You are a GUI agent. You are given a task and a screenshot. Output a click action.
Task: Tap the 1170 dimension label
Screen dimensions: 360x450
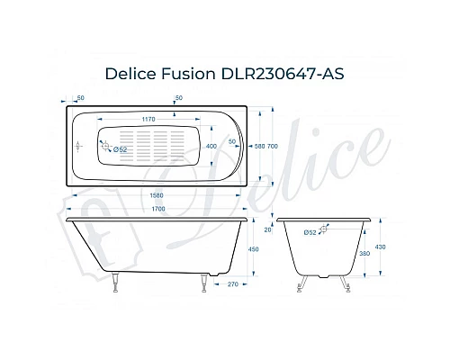coord(149,119)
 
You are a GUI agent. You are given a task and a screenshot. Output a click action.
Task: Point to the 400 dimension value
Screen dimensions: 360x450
coord(211,145)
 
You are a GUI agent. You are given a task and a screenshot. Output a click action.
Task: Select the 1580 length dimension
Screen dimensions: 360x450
coord(149,193)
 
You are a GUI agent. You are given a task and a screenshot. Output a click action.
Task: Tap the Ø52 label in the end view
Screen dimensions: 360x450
coord(309,232)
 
